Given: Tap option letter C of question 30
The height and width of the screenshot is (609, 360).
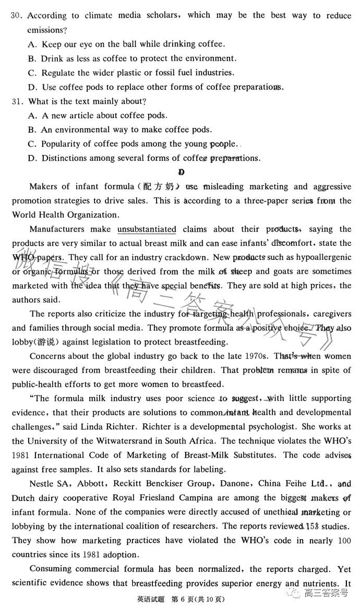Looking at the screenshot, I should coord(32,73).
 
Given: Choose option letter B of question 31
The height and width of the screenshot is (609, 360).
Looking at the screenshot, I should coord(32,130).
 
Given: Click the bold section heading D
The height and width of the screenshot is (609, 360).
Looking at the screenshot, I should coord(181,172).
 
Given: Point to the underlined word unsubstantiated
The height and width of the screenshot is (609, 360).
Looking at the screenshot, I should coord(147,229).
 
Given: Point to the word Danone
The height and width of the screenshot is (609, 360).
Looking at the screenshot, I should coord(238,484).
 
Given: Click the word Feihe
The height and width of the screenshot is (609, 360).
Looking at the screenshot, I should coord(303,484).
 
